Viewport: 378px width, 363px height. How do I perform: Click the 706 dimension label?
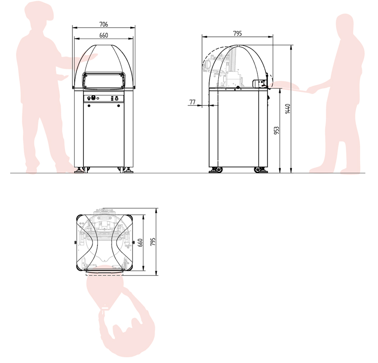tap(104, 24)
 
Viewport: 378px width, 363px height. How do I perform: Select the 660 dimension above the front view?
tap(104, 36)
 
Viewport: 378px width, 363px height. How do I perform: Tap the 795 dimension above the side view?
tap(237, 34)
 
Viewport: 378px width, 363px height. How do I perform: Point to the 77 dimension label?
tap(192, 102)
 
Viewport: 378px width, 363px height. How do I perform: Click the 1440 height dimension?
tap(288, 109)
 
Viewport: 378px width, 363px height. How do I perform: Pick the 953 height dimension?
tap(277, 130)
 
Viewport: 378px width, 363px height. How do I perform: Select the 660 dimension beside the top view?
tap(140, 243)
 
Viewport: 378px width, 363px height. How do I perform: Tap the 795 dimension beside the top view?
tap(153, 242)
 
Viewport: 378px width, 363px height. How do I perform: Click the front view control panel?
tap(104, 98)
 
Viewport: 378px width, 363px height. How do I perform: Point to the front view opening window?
tap(104, 81)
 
